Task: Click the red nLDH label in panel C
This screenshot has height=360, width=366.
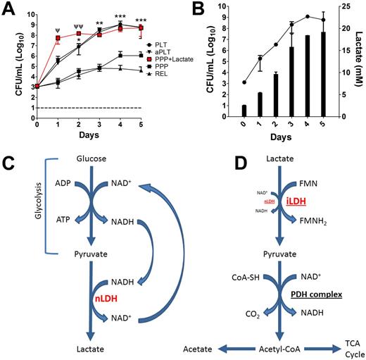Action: (106, 299)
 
